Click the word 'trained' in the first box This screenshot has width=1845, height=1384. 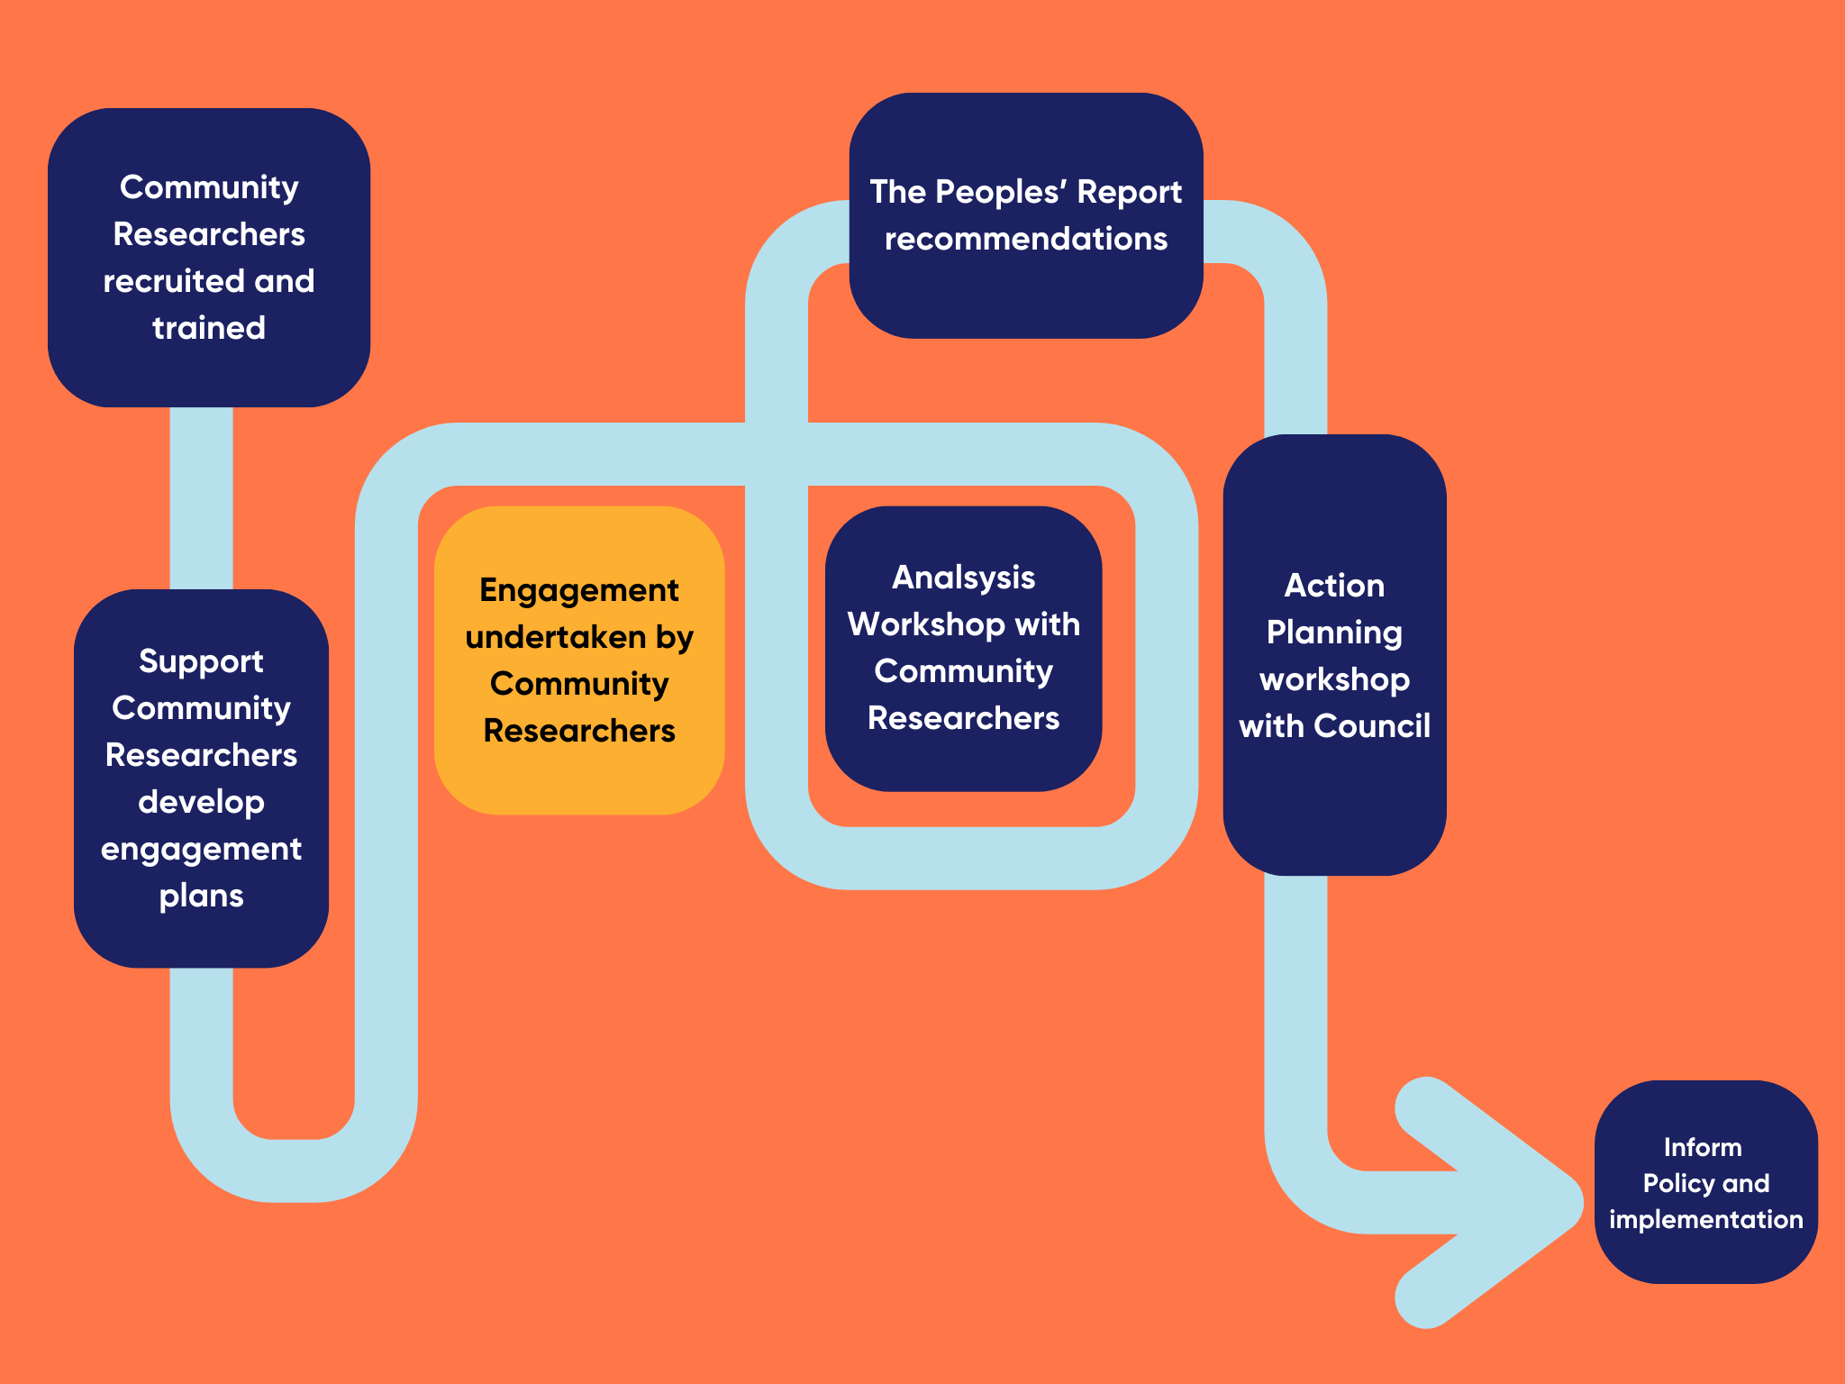pos(209,328)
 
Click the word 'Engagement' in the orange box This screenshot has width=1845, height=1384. pos(579,591)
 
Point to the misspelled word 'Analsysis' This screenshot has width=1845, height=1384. pos(963,578)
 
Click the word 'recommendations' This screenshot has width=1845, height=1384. pos(1025,239)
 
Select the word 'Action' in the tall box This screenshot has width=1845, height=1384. pos(1334,586)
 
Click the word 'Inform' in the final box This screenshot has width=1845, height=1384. pos(1703,1147)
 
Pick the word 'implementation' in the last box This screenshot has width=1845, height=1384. pos(1705,1219)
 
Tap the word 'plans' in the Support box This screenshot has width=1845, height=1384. pos(201,897)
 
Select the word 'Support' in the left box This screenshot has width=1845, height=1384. pos(201,662)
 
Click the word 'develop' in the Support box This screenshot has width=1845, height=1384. pos(201,802)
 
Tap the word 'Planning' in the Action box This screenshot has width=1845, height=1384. pos(1334,633)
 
